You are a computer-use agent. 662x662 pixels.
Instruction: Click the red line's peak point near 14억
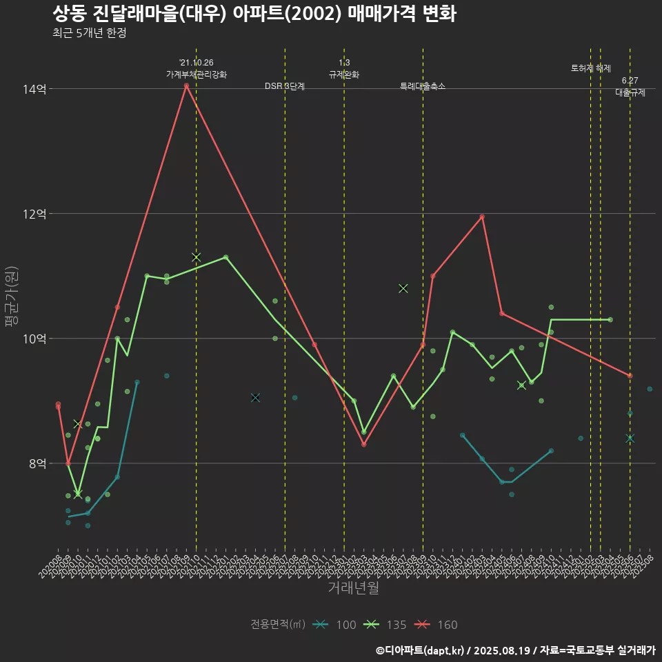(x=186, y=86)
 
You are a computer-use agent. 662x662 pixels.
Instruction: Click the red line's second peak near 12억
(x=482, y=217)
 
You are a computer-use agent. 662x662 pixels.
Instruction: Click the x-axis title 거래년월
(x=353, y=588)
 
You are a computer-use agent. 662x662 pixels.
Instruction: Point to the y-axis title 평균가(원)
(x=12, y=297)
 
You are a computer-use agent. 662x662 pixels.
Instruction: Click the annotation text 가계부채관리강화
(x=196, y=74)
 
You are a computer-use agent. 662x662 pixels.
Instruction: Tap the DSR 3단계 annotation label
(x=285, y=86)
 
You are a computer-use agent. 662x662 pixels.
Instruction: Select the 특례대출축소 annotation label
(x=423, y=86)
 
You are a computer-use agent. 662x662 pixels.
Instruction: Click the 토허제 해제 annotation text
(x=591, y=68)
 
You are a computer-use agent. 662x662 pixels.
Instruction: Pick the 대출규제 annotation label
(x=630, y=92)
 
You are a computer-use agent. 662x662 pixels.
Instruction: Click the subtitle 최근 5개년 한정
(x=89, y=33)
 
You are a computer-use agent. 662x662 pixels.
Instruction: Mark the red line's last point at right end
(x=630, y=376)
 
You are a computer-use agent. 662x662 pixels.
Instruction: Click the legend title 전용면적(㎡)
(x=278, y=625)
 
